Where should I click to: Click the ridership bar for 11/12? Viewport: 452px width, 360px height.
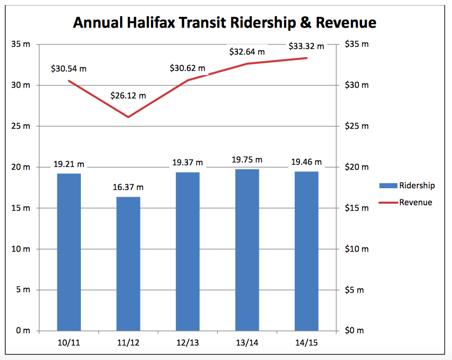pyautogui.click(x=128, y=263)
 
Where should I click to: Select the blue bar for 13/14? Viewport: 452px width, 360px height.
pyautogui.click(x=247, y=249)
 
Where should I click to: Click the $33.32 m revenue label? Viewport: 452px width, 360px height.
pyautogui.click(x=306, y=46)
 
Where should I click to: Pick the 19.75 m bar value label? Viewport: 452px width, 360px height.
pyautogui.click(x=247, y=160)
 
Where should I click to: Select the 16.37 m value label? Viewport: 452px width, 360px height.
pyautogui.click(x=128, y=187)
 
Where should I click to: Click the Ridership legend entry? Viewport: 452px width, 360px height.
pyautogui.click(x=417, y=185)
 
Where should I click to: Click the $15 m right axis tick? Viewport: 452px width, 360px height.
pyautogui.click(x=357, y=208)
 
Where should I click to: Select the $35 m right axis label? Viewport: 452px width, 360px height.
pyautogui.click(x=357, y=44)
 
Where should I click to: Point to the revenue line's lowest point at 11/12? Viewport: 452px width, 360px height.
pyautogui.click(x=128, y=117)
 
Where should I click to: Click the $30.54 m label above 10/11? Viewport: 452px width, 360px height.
pyautogui.click(x=69, y=69)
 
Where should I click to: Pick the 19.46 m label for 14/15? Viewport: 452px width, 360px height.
pyautogui.click(x=306, y=162)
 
